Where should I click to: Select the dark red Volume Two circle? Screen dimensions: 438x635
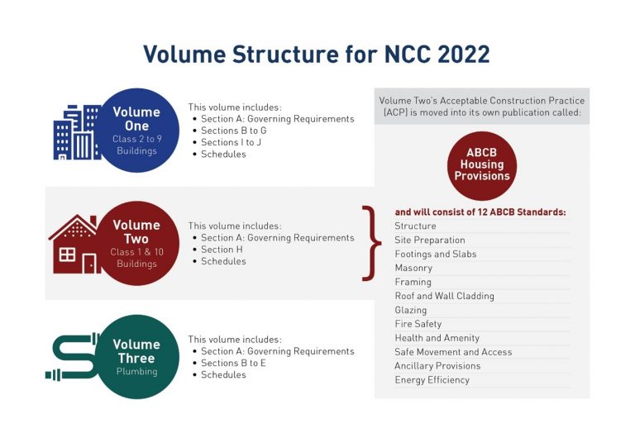click(x=136, y=243)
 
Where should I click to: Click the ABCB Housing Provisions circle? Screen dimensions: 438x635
click(x=482, y=164)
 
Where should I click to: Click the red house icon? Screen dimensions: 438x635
click(x=75, y=245)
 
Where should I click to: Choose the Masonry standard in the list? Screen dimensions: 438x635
click(x=413, y=268)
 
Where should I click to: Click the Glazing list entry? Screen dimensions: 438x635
click(x=411, y=310)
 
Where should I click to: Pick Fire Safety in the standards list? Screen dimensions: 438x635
click(x=418, y=324)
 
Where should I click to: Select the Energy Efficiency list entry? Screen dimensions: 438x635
click(x=432, y=380)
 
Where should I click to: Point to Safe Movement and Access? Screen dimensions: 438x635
click(x=453, y=352)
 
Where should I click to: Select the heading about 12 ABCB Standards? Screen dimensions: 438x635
click(x=480, y=212)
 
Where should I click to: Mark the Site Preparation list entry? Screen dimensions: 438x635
click(x=431, y=240)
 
